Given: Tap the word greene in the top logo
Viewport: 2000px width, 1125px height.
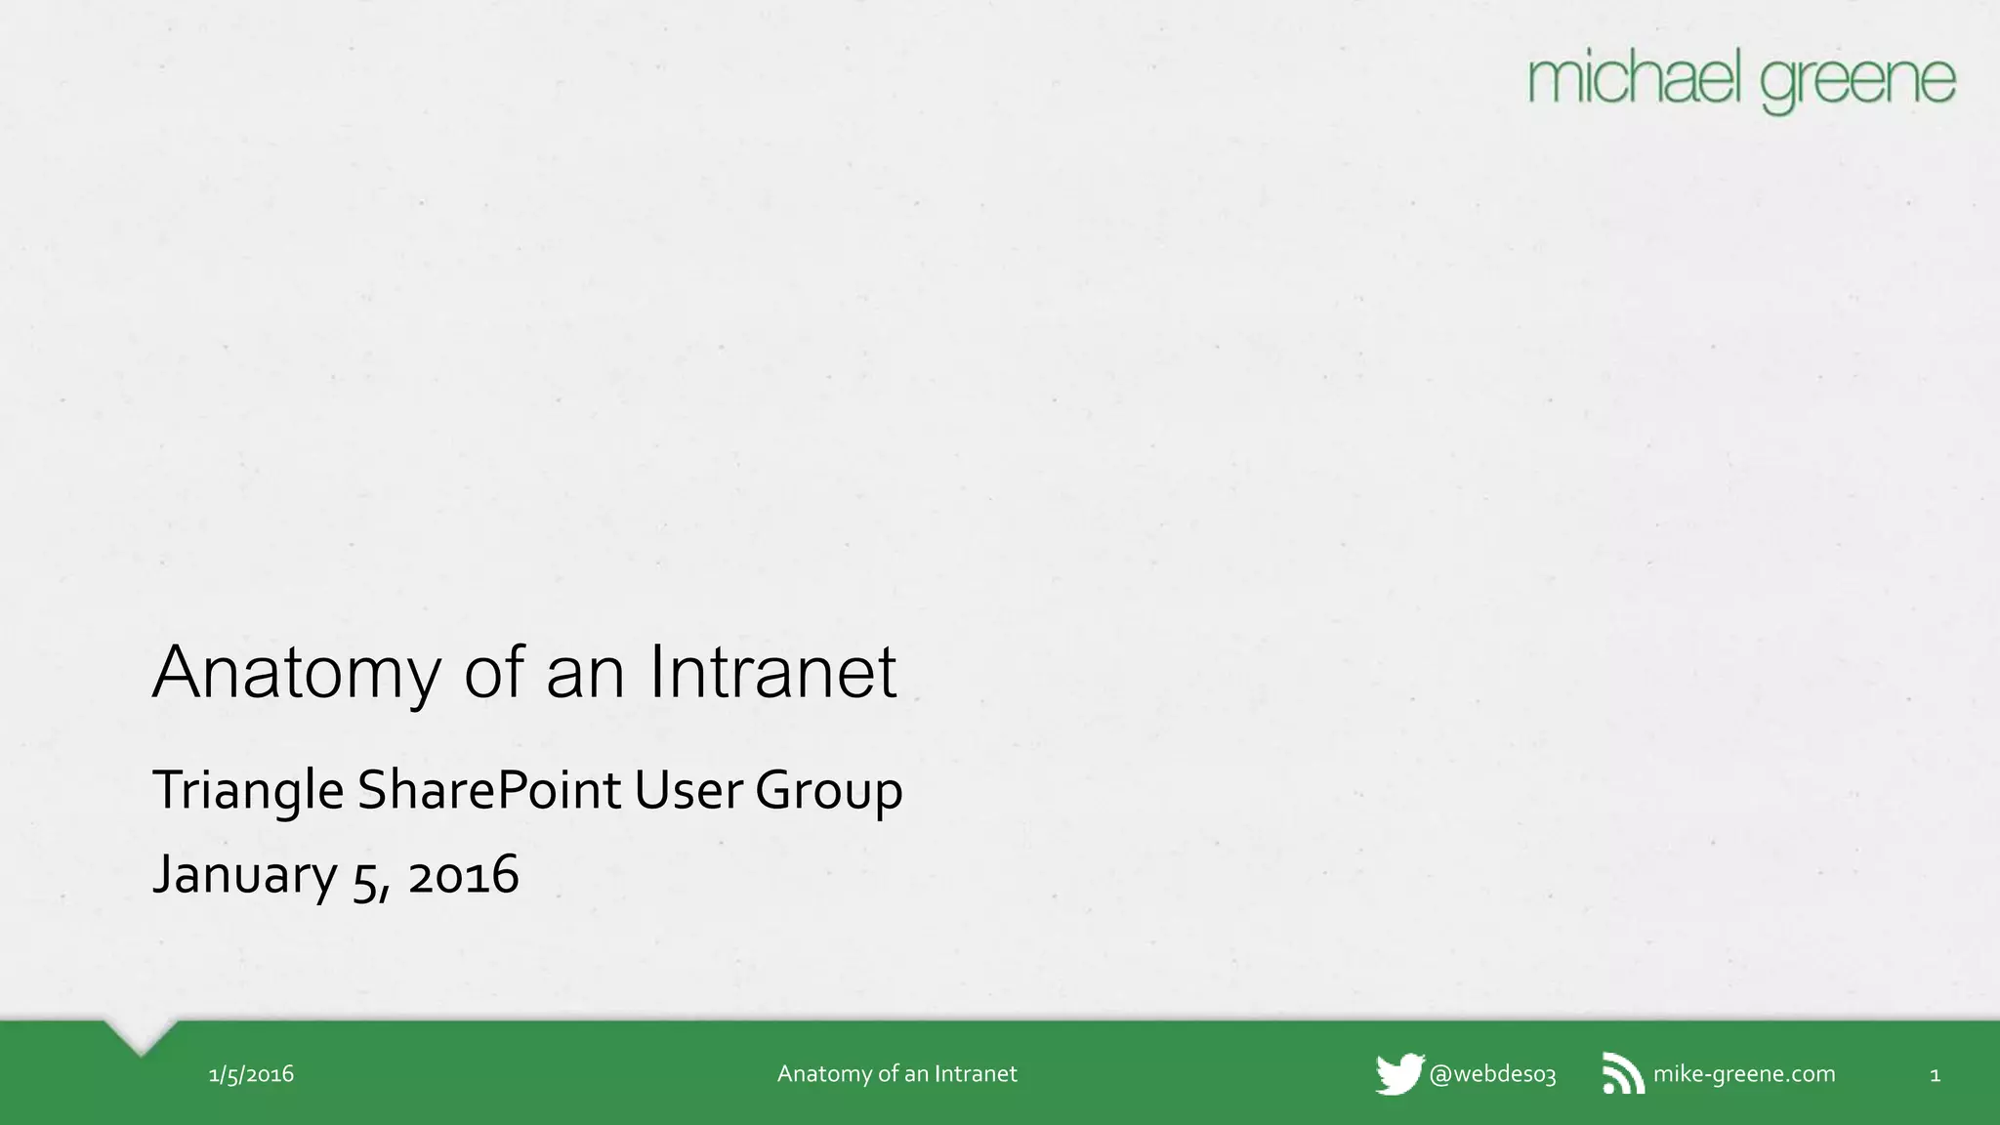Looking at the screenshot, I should point(1858,84).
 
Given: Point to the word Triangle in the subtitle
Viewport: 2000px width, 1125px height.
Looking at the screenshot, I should point(248,790).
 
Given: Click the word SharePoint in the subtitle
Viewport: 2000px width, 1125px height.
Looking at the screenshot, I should point(488,789).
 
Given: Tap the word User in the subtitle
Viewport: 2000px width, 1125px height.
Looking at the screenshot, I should point(688,789).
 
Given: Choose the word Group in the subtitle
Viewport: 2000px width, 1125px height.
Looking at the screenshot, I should point(828,791).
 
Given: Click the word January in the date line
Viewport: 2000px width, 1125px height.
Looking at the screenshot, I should point(244,874).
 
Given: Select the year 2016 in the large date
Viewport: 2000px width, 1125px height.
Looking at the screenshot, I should point(463,875).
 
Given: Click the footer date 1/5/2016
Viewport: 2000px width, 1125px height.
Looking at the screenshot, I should point(251,1074).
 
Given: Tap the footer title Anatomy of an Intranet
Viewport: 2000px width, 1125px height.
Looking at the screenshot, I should point(896,1074).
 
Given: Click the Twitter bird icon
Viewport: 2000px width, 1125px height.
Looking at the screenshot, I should point(1399,1074).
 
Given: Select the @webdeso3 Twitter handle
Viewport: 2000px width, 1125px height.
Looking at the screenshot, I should point(1492,1074).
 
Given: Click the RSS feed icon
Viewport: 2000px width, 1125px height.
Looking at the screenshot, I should point(1623,1074).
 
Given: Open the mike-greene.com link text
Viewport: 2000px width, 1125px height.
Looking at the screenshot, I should point(1743,1074).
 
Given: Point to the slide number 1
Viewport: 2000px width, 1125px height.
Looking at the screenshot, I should point(1935,1075).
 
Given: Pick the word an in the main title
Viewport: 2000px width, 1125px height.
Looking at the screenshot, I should point(585,674).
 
